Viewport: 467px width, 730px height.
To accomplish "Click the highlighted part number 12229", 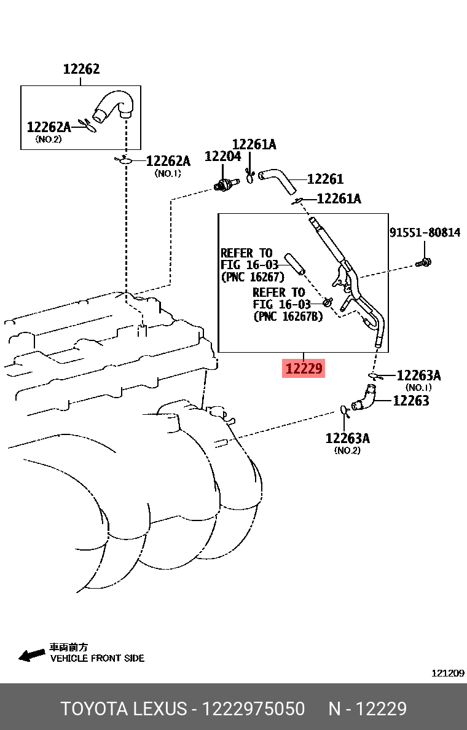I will tap(303, 369).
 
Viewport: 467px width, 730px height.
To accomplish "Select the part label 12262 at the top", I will tap(81, 69).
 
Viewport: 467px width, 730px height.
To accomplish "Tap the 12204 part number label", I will tap(222, 157).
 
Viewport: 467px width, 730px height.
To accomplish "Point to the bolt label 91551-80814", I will tap(425, 233).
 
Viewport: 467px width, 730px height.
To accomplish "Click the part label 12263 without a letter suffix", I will tap(410, 401).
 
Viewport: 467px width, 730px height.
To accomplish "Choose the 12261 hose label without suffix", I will tap(325, 179).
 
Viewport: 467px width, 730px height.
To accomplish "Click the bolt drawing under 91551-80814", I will tap(424, 262).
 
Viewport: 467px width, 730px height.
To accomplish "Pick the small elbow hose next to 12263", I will tap(364, 399).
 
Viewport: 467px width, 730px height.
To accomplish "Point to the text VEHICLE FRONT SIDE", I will tap(97, 658).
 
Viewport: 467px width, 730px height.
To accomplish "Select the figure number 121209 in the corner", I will tap(447, 673).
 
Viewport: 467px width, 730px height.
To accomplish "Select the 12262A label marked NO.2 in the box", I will tap(49, 127).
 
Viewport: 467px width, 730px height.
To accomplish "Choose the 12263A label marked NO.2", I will tap(348, 438).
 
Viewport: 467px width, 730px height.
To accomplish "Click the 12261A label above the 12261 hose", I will tap(254, 144).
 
